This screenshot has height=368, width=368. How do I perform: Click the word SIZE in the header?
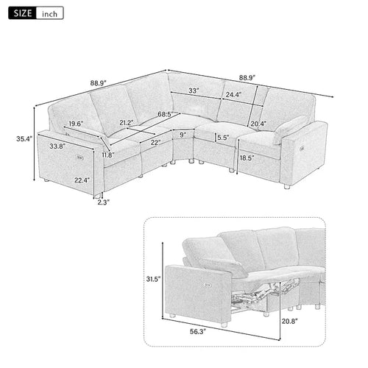coord(21,13)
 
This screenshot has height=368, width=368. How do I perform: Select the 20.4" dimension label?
coord(260,124)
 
